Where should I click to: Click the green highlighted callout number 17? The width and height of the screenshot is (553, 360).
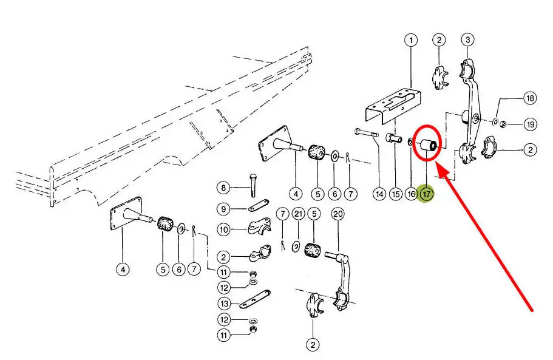pos(427,194)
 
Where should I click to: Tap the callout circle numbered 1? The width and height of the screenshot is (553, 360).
pos(412,41)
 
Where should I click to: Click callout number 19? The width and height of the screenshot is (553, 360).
pos(530,125)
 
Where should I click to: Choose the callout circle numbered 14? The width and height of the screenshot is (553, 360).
pos(379,194)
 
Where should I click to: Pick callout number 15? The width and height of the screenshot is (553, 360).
pos(395,194)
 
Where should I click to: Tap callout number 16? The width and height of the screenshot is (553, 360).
pos(411,194)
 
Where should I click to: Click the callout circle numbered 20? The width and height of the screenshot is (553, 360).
pos(338,214)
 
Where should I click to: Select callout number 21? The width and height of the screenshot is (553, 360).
pos(298,214)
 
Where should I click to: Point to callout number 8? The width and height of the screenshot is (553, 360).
pos(223,188)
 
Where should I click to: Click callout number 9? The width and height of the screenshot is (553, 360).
pos(223,209)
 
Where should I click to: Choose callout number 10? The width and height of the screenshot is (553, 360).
pos(223,230)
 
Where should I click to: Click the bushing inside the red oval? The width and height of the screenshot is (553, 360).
pos(427,145)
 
